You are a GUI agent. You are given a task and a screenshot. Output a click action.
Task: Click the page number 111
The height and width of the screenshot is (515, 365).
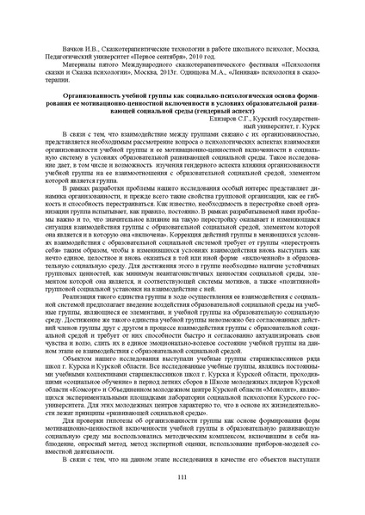point(182,477)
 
